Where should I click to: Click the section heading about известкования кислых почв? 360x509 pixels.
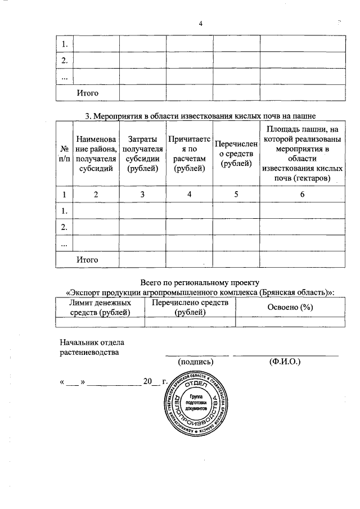[200, 117]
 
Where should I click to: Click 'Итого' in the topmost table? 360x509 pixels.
[87, 92]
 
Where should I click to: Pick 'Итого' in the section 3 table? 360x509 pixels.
[87, 259]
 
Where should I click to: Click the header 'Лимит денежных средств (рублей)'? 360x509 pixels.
[100, 307]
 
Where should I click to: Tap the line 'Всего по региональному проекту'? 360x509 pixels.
[200, 282]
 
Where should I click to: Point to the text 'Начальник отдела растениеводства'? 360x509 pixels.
[89, 347]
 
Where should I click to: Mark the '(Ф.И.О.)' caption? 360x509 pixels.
[285, 362]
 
